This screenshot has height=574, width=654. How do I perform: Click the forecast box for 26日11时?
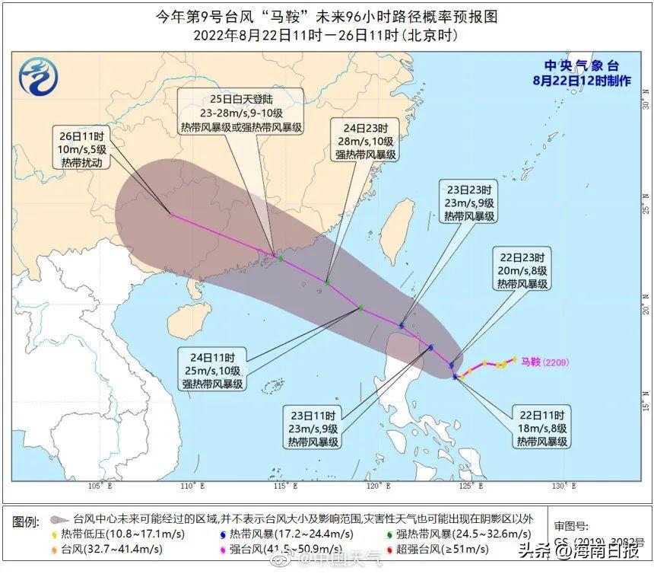(85, 149)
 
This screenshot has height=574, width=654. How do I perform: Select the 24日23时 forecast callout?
(366, 140)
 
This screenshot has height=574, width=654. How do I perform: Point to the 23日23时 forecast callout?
(469, 202)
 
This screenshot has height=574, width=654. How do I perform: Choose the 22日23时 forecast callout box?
(522, 270)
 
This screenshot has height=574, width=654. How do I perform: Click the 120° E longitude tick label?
(376, 486)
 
